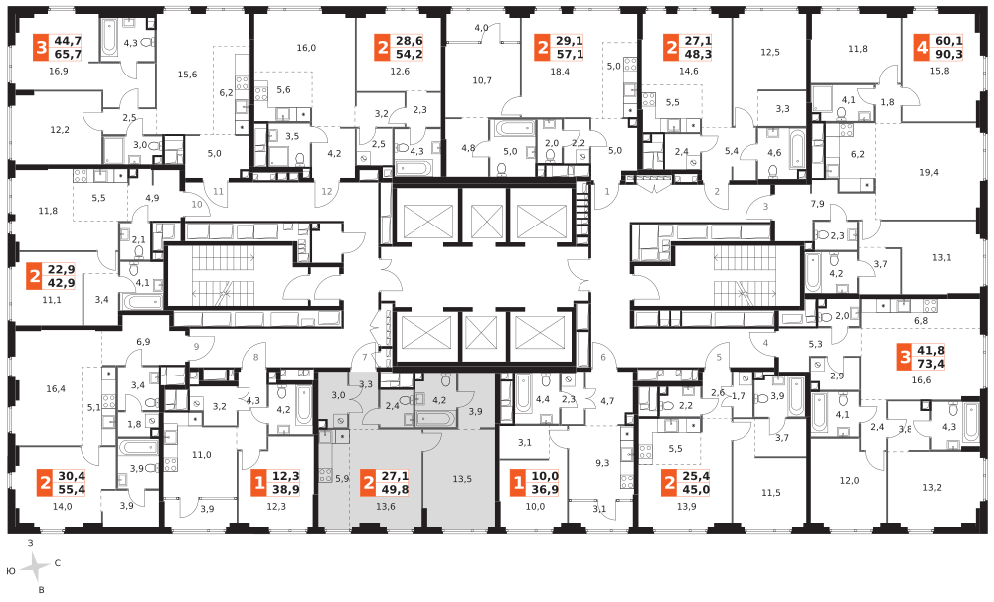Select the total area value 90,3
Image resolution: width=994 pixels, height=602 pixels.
pos(949,54)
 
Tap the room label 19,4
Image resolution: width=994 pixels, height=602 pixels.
pos(928,172)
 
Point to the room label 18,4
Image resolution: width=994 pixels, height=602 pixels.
pos(560,72)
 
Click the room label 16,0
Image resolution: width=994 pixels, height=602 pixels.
pos(305,48)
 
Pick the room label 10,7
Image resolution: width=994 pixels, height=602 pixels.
pos(482,80)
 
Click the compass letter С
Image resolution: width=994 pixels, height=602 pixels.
pos(57,562)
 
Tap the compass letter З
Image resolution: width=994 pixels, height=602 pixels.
pos(30,543)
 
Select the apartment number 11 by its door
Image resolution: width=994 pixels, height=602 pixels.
pos(218,192)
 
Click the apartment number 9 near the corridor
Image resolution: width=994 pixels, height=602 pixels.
pos(197,346)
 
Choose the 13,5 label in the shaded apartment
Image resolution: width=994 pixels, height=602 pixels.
pos(462,479)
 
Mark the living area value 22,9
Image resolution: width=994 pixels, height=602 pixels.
pos(61,270)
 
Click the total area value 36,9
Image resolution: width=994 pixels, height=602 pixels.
pos(545,489)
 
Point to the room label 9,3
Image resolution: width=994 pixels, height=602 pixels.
pos(602,463)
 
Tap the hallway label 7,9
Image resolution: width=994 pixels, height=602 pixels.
pos(818,204)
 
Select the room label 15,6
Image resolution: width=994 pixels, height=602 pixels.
pos(187,75)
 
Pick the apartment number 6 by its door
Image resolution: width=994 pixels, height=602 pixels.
pos(603,357)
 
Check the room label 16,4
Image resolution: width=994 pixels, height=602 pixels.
pos(56,388)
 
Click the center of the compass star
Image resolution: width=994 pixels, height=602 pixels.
pos(36,568)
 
